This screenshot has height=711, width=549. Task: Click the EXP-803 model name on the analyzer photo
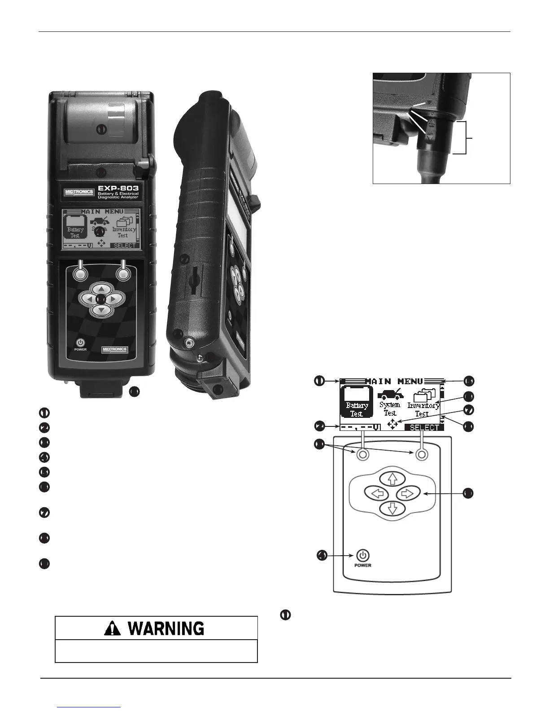click(x=119, y=188)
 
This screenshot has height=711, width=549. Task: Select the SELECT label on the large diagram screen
click(x=424, y=427)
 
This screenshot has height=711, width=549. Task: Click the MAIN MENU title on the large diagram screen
click(x=394, y=381)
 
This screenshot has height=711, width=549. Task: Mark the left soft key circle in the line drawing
click(x=363, y=455)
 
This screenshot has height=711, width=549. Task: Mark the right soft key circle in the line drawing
click(x=421, y=455)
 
